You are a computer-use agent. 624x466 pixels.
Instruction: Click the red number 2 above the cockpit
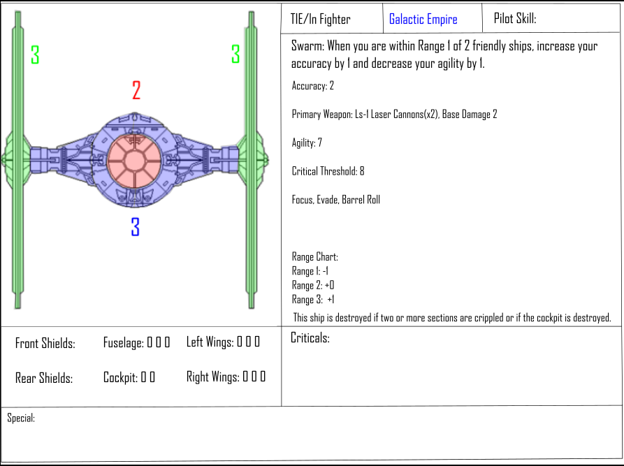tap(136, 90)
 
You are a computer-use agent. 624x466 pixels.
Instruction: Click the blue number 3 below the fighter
tap(136, 227)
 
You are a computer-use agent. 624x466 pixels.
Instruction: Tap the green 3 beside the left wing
tap(35, 54)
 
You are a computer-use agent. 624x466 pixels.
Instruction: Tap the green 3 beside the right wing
tap(235, 54)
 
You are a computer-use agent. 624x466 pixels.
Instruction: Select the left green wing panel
tap(19, 161)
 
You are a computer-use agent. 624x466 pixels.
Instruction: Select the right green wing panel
tap(249, 161)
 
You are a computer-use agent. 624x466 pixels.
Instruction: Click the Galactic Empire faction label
tap(423, 20)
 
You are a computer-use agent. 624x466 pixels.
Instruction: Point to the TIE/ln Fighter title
tap(321, 20)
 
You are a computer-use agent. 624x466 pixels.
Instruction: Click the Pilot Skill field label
tap(515, 19)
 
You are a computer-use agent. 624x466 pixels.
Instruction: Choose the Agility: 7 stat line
tap(307, 143)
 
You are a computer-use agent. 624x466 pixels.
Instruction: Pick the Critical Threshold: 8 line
tap(328, 171)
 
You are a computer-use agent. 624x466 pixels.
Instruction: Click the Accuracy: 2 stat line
tap(312, 86)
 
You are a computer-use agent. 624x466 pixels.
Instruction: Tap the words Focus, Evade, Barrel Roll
tap(335, 200)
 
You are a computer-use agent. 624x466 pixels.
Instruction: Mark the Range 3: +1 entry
tap(313, 300)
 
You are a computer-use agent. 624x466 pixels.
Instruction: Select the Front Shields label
tap(45, 344)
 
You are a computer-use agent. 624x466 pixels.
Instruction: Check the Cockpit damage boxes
tap(147, 377)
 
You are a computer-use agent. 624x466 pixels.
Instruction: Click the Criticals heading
tap(310, 339)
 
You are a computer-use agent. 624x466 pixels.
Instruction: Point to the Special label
tap(21, 418)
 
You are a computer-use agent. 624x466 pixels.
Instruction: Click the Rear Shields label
tap(43, 379)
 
